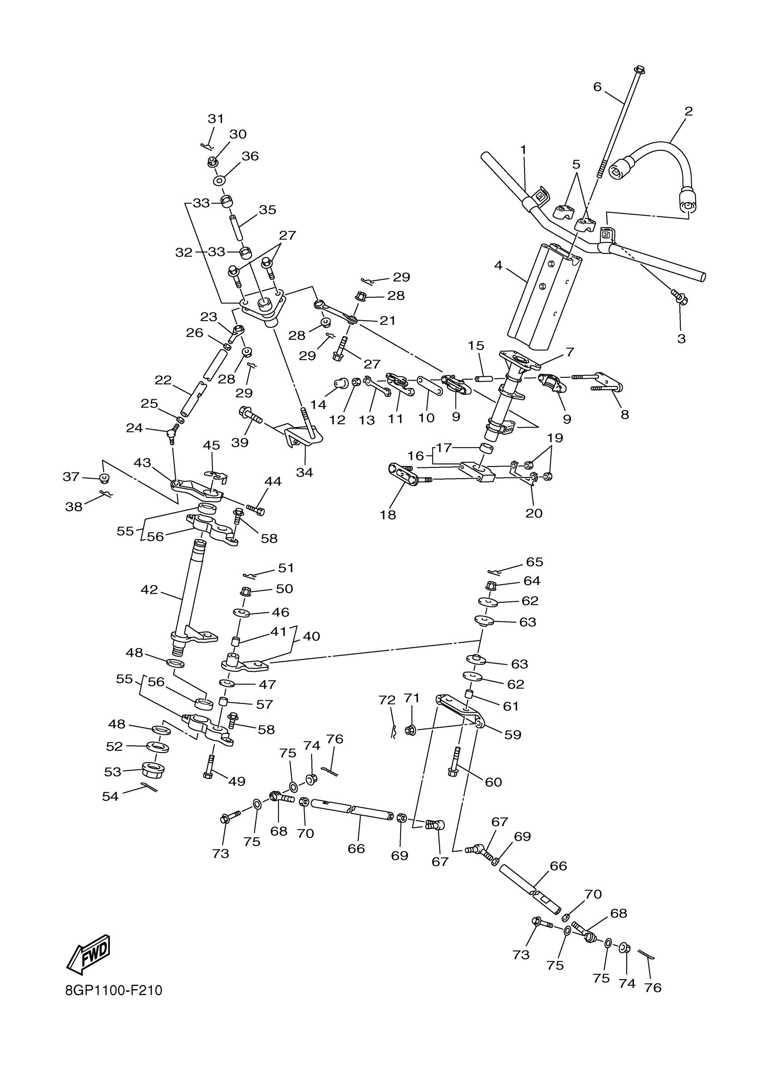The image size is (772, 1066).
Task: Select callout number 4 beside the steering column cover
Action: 498,266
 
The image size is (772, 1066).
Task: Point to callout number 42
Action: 149,590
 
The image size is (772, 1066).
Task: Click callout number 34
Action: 304,472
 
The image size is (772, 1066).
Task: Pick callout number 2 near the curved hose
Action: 688,111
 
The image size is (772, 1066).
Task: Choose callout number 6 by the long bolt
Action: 597,86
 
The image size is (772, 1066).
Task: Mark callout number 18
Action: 388,515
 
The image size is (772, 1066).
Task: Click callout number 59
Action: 513,734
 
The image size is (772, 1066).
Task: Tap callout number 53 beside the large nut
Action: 113,772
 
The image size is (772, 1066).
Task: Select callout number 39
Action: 240,442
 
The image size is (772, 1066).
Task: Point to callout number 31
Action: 216,119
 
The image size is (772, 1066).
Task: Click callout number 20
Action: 534,513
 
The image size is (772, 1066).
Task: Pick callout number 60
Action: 493,782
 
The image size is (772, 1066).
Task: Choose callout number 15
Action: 475,346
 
